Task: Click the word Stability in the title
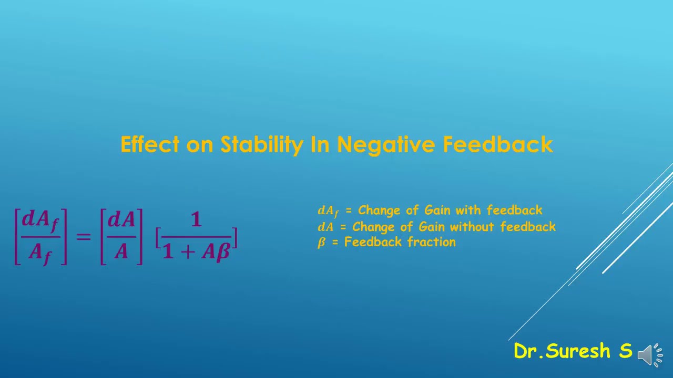261,144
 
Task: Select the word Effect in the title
150,144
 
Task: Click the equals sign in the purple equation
84,236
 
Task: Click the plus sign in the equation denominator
188,253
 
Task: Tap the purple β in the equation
222,253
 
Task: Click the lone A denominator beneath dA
121,253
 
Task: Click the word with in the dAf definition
468,211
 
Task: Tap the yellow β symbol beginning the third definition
321,243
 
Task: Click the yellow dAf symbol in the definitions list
328,211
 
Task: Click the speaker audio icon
650,355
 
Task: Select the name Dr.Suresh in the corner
563,351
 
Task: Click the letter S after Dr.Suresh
625,351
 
